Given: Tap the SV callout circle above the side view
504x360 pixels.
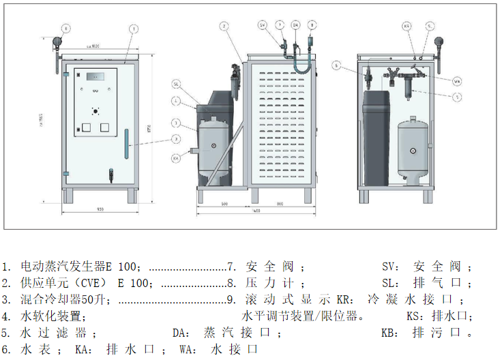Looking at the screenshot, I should coord(262,25).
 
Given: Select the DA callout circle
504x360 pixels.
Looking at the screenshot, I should coord(295,25).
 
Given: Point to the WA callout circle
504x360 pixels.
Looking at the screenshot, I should coord(458,80).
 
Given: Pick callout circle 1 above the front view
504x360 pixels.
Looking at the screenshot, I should coord(134,29).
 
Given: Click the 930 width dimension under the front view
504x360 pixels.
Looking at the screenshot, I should coord(100,208).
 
